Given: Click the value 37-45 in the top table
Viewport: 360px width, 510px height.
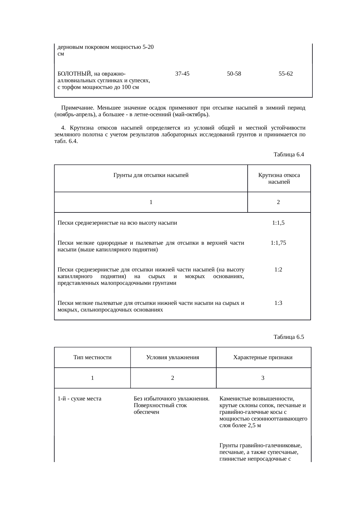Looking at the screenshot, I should coord(182,74).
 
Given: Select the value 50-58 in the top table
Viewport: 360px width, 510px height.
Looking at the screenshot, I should coord(234,74).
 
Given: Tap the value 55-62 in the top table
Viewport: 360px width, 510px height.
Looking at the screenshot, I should coord(285,74).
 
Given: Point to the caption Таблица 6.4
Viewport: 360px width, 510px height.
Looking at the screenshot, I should coord(289,155).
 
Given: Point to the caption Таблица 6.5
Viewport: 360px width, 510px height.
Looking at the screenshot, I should coord(289,337).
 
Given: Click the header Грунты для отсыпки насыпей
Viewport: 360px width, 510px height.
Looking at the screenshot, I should coord(151,175).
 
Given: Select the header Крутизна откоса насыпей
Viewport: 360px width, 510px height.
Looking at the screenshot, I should coord(279,179).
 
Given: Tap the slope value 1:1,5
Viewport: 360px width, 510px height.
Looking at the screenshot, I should coord(278,223).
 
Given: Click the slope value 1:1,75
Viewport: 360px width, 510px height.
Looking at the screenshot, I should coord(278,243).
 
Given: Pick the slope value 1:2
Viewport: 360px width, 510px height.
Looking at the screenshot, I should coord(278,270).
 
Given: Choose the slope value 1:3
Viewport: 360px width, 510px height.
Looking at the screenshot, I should coord(278,303).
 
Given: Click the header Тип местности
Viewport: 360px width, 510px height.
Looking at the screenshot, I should coord(92,357).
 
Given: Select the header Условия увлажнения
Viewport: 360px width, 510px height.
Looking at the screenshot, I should coord(172,357).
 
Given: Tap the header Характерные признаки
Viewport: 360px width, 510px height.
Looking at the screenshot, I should coord(263,357).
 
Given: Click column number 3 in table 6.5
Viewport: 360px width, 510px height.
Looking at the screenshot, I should coord(263,378).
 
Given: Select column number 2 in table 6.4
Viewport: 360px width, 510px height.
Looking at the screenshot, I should coord(278,202).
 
